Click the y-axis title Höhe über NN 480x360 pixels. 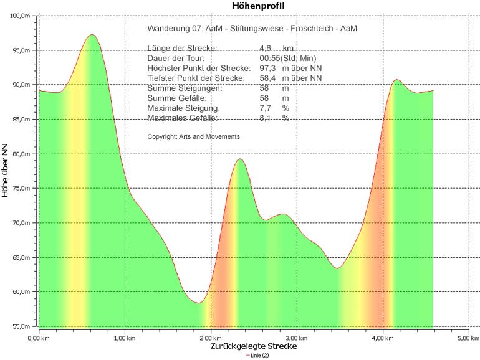[x=6, y=169]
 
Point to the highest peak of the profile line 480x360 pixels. [x=92, y=35]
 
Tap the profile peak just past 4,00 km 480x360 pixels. [x=396, y=80]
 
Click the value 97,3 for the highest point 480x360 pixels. [x=267, y=68]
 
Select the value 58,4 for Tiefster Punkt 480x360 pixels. [x=267, y=78]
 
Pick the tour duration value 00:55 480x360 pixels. [x=269, y=58]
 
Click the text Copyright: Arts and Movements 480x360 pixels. [x=193, y=136]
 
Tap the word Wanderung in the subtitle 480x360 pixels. [x=165, y=29]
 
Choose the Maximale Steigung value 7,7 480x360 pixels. [x=264, y=108]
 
